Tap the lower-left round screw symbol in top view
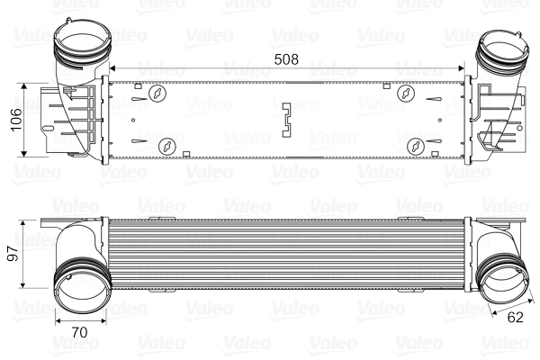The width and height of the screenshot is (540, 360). point(166,145)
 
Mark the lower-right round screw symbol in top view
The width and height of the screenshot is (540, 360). point(416,146)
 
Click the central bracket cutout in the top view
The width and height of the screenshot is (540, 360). point(287,121)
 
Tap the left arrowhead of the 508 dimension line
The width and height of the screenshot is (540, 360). point(111,68)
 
